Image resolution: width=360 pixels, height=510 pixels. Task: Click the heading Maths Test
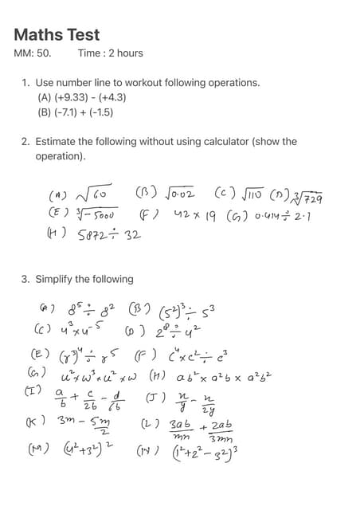point(57,35)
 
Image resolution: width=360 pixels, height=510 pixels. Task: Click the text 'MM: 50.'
point(33,53)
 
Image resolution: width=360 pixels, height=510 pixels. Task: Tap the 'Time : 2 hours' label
point(111,53)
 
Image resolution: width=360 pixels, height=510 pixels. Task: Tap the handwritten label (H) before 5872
point(57,234)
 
